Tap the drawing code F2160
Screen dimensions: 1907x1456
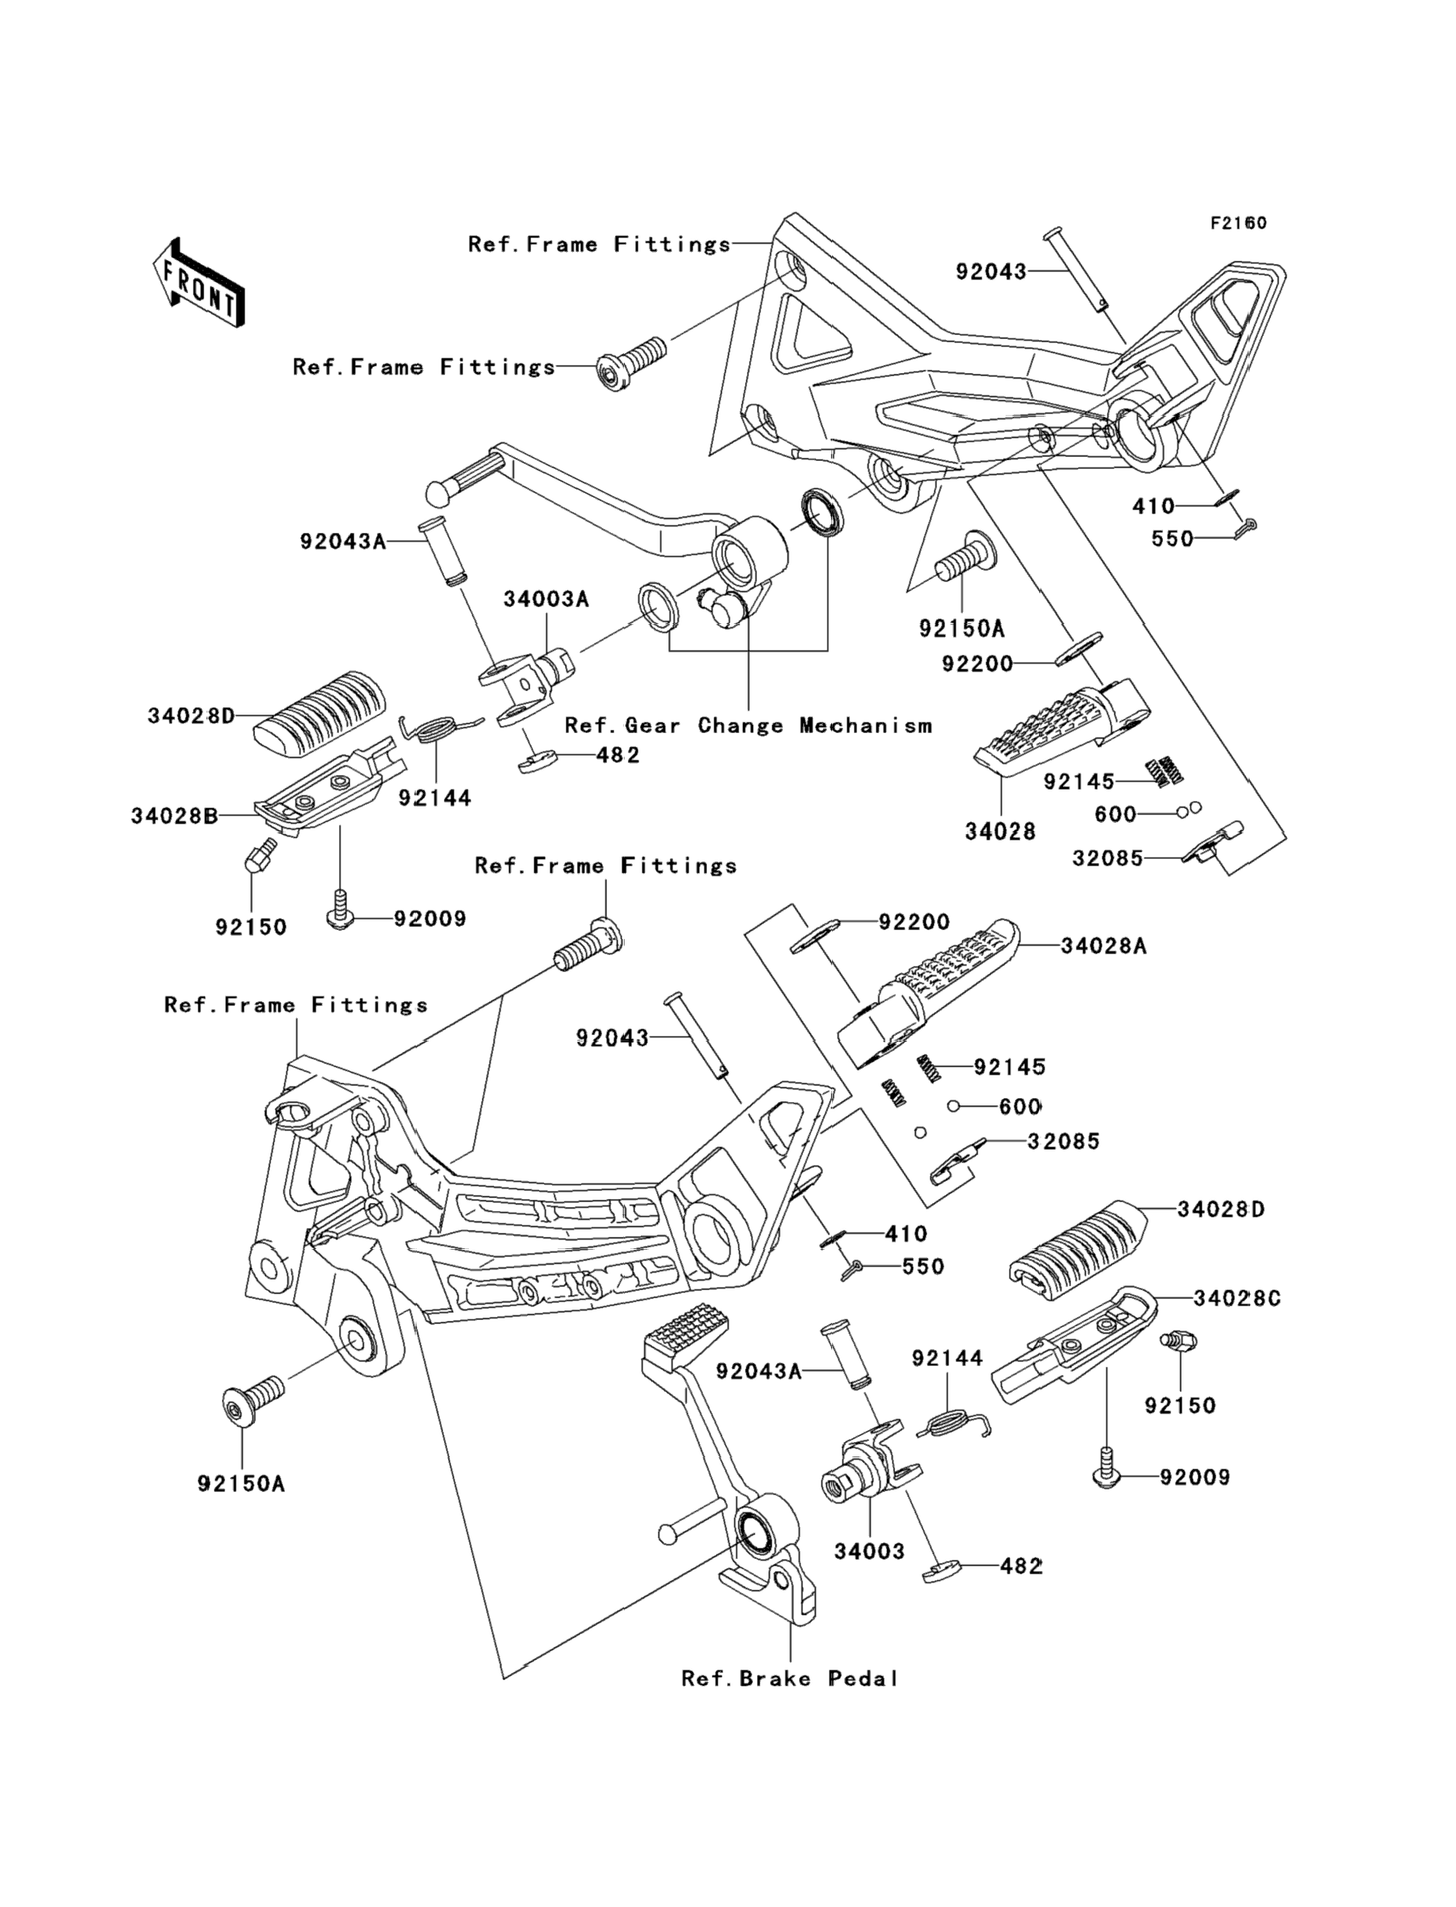pyautogui.click(x=1238, y=224)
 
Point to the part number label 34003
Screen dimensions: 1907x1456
pyautogui.click(x=869, y=1551)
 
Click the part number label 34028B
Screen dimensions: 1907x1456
pyautogui.click(x=174, y=815)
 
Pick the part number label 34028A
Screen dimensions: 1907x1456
pyautogui.click(x=1103, y=945)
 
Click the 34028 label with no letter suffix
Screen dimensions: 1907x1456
pyautogui.click(x=1000, y=832)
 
